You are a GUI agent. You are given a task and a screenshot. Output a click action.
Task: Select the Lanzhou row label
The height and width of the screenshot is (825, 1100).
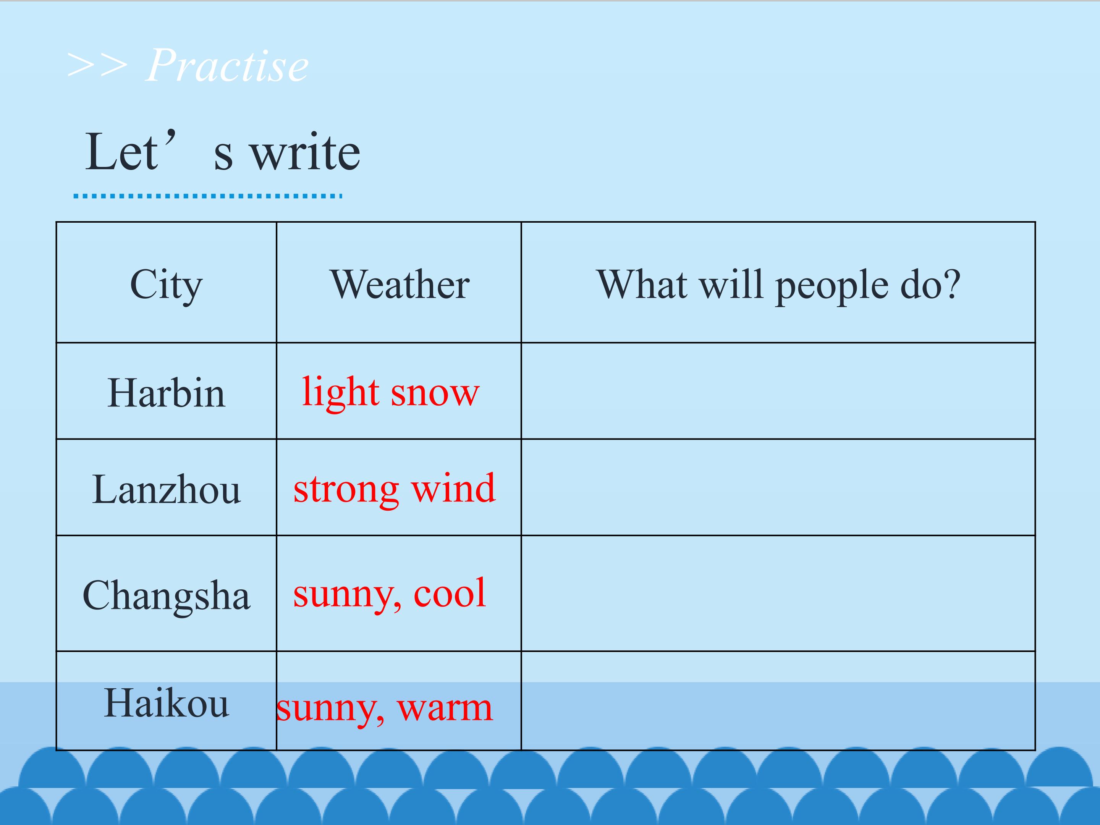(x=166, y=489)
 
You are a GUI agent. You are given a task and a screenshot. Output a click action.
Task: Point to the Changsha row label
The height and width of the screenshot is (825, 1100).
(x=166, y=596)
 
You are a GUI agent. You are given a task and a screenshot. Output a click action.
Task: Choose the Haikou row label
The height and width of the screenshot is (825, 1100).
(x=166, y=703)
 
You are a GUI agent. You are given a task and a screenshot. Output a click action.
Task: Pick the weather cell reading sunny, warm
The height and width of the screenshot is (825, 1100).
(x=384, y=708)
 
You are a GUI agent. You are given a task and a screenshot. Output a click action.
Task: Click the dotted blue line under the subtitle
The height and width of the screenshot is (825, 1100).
(x=208, y=196)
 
